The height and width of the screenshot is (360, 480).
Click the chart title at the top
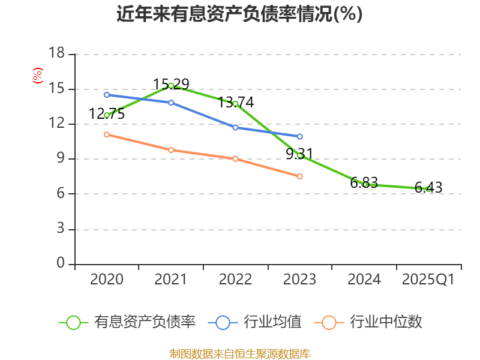click(x=239, y=14)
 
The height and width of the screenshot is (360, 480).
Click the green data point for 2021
click(x=171, y=85)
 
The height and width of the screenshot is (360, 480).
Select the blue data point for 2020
click(x=107, y=95)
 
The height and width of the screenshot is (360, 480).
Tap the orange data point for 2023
click(x=300, y=176)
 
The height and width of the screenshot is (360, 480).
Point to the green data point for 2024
click(x=364, y=184)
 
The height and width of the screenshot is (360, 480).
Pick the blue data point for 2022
click(x=235, y=127)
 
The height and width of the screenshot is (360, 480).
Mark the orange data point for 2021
click(x=171, y=150)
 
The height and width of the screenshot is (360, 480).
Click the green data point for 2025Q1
click(x=428, y=189)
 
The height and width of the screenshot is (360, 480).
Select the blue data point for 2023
click(x=300, y=136)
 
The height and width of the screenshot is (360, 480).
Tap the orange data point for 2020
click(x=107, y=134)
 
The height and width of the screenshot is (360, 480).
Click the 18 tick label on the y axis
click(x=56, y=54)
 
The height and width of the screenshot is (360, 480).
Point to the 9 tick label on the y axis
click(x=61, y=159)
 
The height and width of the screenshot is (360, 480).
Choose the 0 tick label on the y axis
click(x=61, y=263)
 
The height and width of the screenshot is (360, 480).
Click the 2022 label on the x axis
click(x=235, y=280)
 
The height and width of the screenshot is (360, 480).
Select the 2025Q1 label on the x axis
click(x=428, y=280)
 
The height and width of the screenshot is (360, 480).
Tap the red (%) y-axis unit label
click(x=38, y=76)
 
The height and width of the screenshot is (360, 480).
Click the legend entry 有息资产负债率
click(x=128, y=322)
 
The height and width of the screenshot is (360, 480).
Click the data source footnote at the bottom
click(x=239, y=353)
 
